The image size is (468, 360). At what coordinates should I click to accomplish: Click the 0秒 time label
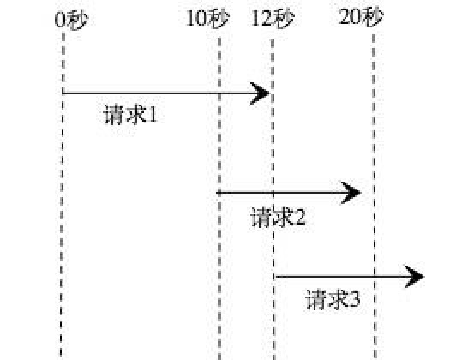click(x=72, y=21)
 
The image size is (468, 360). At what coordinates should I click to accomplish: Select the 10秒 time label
click(x=207, y=19)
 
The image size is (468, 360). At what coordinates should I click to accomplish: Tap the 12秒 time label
click(x=273, y=19)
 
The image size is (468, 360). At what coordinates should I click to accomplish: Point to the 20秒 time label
click(x=361, y=17)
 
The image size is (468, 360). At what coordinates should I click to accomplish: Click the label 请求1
click(x=130, y=114)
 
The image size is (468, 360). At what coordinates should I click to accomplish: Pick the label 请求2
click(x=279, y=217)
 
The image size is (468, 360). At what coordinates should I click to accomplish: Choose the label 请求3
click(x=333, y=299)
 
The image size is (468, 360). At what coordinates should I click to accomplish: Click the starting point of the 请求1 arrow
click(x=63, y=93)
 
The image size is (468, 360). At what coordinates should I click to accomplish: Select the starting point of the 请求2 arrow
click(x=217, y=193)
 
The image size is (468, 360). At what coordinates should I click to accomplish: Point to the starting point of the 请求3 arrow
click(x=276, y=277)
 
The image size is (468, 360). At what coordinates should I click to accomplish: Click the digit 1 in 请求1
click(x=153, y=115)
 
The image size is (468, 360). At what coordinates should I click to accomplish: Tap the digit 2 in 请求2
click(x=300, y=217)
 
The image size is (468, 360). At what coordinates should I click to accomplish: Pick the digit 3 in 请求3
click(x=355, y=299)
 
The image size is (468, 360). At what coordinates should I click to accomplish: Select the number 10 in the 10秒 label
click(x=196, y=19)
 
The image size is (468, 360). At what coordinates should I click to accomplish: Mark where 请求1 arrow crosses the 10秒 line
click(x=219, y=93)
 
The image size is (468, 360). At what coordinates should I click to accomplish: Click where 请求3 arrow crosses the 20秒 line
click(x=375, y=277)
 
